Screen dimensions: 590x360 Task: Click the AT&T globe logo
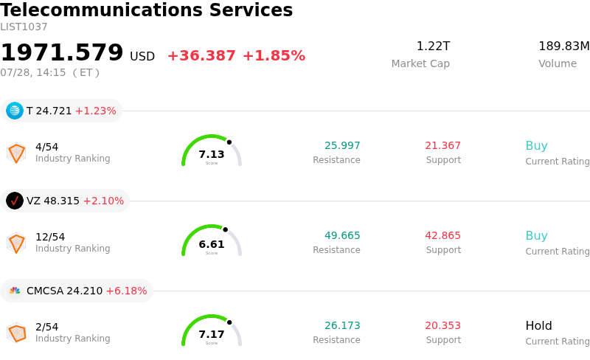coord(15,111)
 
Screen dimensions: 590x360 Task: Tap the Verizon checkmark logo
coord(15,201)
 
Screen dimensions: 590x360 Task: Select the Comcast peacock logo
coord(15,291)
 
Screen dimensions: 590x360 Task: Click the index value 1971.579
coord(62,52)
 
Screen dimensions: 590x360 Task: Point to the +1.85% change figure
coord(274,56)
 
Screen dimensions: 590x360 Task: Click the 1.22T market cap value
coord(433,46)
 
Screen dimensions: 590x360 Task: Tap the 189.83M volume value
coord(564,46)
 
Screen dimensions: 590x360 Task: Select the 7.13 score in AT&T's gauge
coord(212,154)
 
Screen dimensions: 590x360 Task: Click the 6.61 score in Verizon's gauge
coord(212,244)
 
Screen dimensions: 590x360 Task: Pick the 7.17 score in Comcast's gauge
coord(212,334)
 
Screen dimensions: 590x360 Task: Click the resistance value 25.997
coord(342,145)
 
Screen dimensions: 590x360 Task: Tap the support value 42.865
coord(443,235)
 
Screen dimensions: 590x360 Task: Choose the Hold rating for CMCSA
coord(539,325)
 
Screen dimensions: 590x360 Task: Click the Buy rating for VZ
coord(537,236)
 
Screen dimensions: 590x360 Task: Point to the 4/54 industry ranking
coord(46,147)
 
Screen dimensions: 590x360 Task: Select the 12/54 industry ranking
coord(50,237)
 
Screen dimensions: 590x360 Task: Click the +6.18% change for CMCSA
coord(126,291)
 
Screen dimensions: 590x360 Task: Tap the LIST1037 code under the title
coord(24,27)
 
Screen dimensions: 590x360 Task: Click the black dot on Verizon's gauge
coord(226,229)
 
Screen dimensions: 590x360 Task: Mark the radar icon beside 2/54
coord(16,333)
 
